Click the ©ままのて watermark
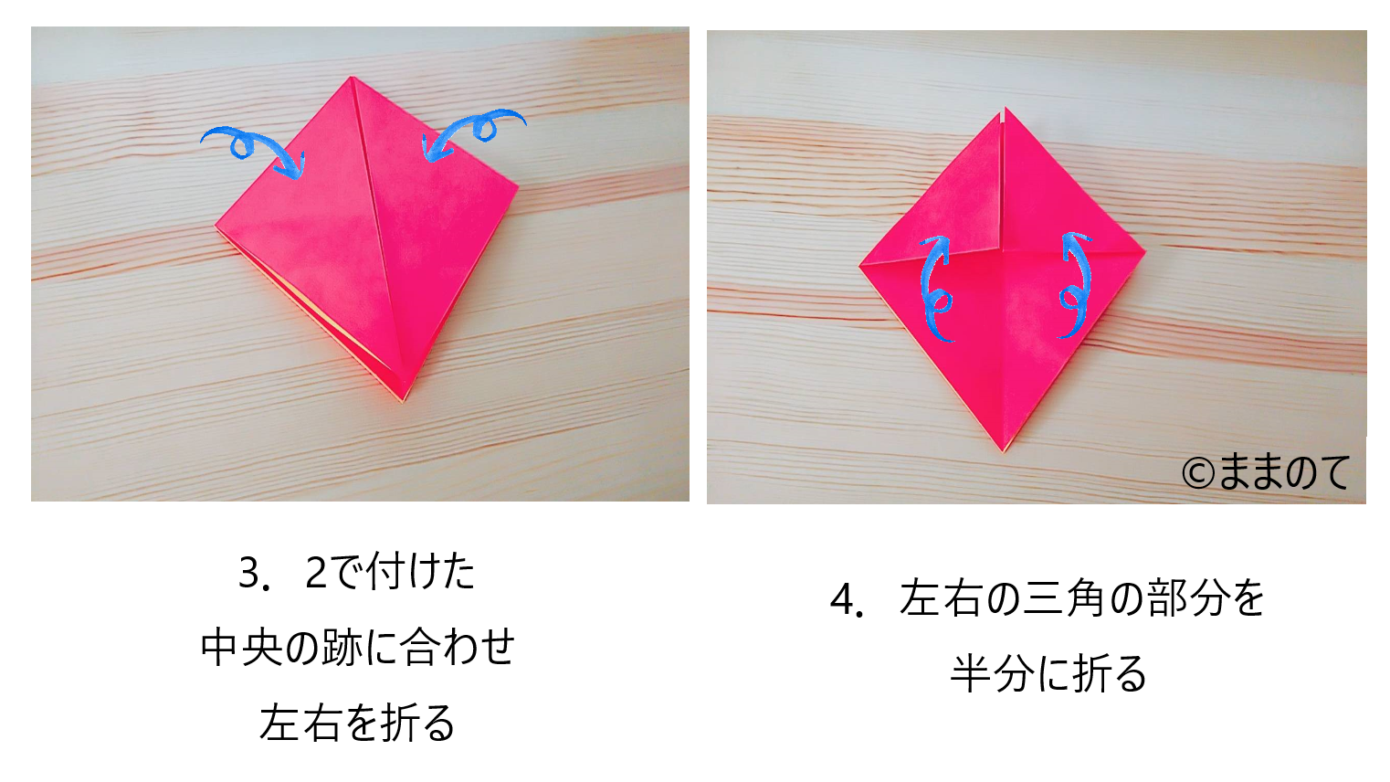(1266, 472)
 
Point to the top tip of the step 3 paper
(352, 77)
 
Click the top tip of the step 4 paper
(1006, 108)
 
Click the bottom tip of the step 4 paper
(1004, 452)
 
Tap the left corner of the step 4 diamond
(859, 266)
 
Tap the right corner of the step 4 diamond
(1145, 251)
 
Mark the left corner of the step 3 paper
(216, 227)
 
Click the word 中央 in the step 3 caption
(241, 648)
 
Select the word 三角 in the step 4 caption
(1062, 599)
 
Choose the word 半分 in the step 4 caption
(992, 674)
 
